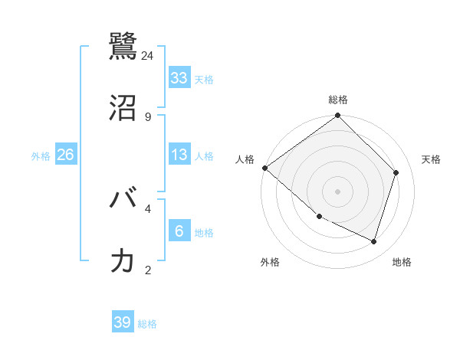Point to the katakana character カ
tap(123, 260)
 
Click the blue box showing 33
tap(179, 77)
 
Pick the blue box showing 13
tap(179, 155)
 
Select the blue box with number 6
tap(179, 231)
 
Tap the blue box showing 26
tap(65, 155)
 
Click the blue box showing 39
tap(122, 322)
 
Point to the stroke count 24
tap(148, 55)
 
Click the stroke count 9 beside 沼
tap(148, 116)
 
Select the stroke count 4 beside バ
tap(148, 208)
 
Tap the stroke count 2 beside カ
tap(148, 270)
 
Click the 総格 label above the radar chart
tap(338, 100)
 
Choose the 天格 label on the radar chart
tap(431, 159)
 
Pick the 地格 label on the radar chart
tap(402, 262)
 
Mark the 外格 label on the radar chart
tap(270, 262)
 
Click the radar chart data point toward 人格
tap(264, 168)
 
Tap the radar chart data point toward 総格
tap(338, 116)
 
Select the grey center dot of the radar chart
tap(337, 191)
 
